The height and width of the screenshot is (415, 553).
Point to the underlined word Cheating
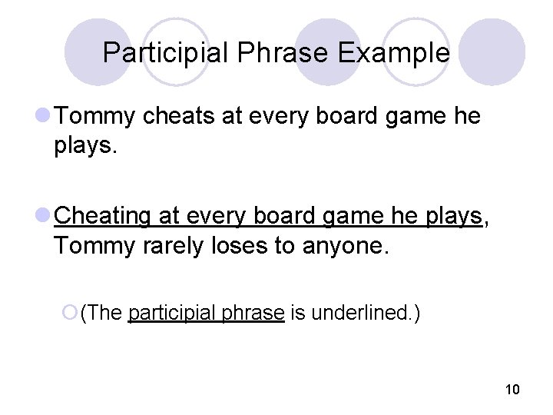click(x=104, y=216)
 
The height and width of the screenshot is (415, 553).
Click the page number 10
click(x=512, y=390)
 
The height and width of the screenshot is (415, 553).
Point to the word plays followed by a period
click(x=85, y=146)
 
